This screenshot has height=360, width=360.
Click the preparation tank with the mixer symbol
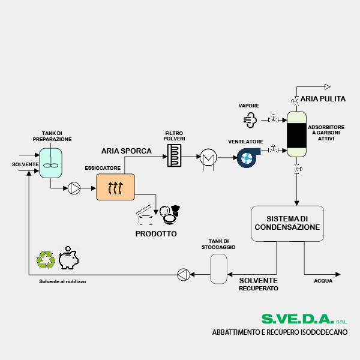[x=51, y=161]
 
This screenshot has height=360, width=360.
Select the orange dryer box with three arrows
[x=115, y=187]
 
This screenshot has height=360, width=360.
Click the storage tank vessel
[x=218, y=268]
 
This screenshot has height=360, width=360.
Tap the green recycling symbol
[x=46, y=259]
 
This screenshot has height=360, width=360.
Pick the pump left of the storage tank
[x=183, y=275]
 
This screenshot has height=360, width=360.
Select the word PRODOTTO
[x=156, y=233]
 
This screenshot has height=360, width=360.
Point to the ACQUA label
[x=323, y=280]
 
